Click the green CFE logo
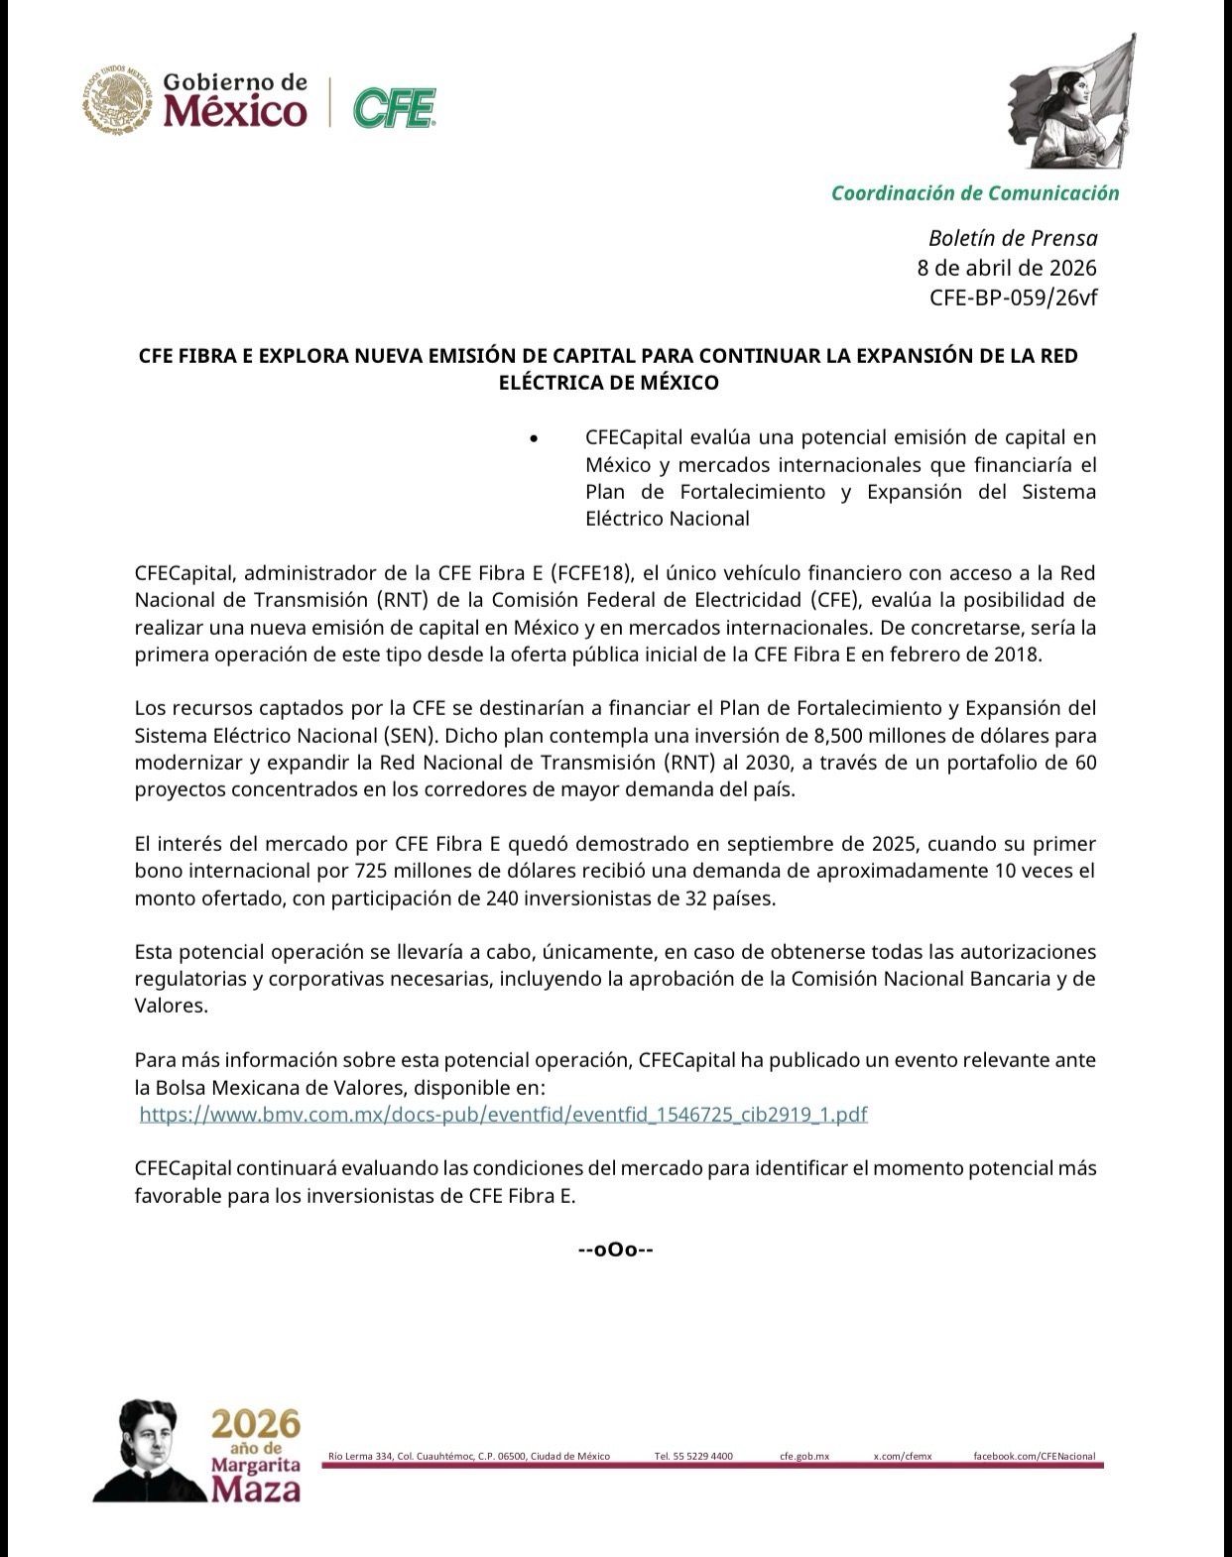coord(395,108)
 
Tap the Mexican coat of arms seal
coord(118,99)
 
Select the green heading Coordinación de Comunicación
coord(974,193)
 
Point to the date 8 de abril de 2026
coord(1007,268)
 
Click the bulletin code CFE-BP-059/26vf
coord(1013,298)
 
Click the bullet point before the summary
coord(535,438)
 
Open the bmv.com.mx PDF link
coord(503,1114)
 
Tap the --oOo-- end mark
coord(615,1250)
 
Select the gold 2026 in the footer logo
coord(255,1425)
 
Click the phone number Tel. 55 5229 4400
coord(693,1456)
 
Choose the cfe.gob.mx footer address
coord(803,1456)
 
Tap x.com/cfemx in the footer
coord(902,1456)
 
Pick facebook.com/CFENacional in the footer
coord(1034,1456)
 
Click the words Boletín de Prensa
coord(1013,238)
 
